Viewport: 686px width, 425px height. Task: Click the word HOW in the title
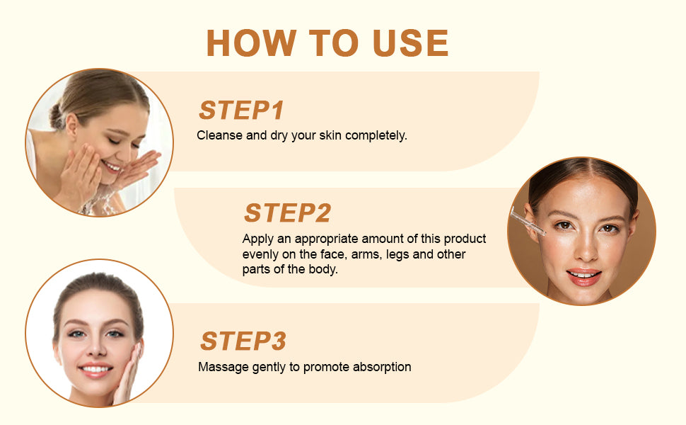251,43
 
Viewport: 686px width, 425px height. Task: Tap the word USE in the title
410,43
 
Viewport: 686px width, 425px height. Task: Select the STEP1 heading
241,110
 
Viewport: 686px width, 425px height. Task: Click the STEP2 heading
287,213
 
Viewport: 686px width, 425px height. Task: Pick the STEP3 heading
243,341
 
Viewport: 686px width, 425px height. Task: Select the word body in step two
323,269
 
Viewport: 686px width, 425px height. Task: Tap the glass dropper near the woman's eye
528,221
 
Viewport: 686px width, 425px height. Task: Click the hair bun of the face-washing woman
57,117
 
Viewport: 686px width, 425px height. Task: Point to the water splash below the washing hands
100,203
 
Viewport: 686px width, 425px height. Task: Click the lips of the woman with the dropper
583,276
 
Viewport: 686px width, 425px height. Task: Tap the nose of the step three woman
97,347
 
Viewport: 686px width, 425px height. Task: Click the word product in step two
465,239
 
